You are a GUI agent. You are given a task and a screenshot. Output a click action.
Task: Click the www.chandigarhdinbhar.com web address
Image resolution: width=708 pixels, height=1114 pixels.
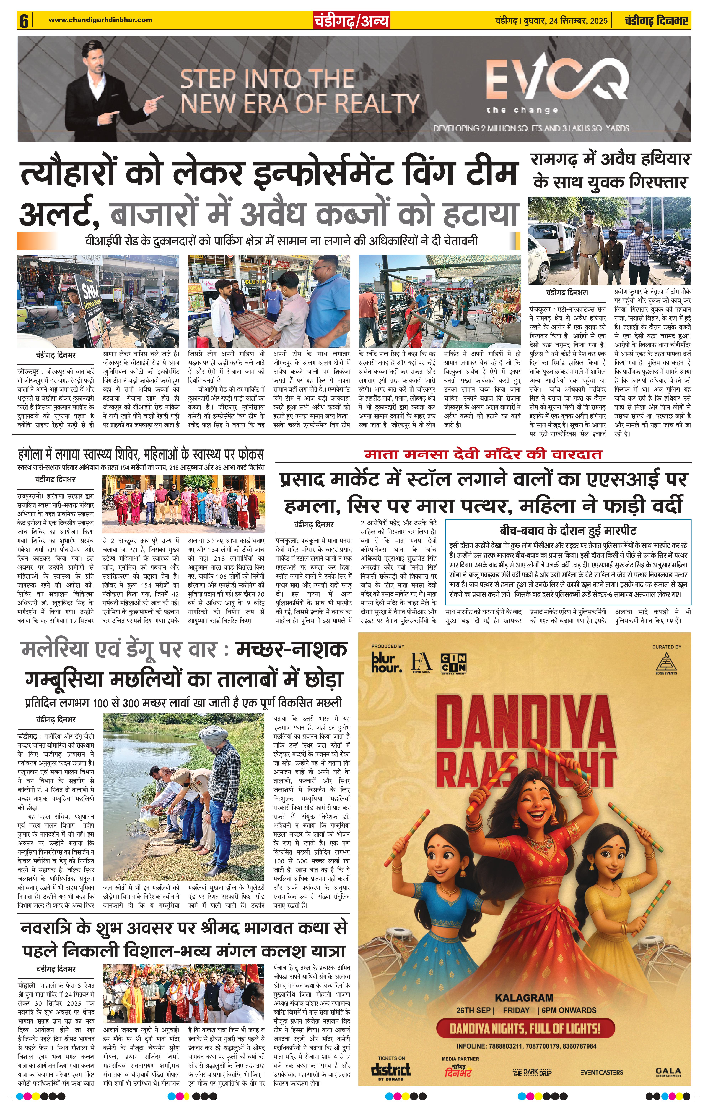coord(100,20)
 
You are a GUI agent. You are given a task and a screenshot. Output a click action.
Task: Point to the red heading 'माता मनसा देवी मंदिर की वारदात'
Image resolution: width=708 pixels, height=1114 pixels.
coord(483,454)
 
